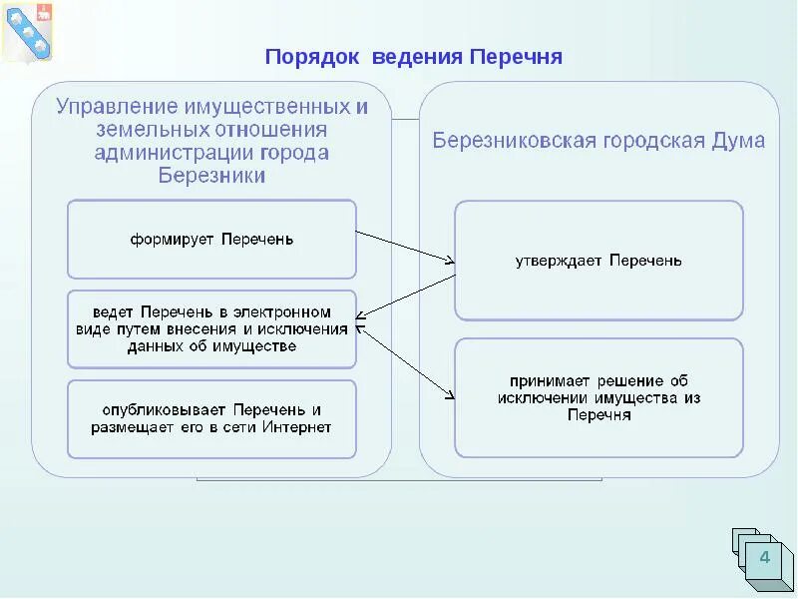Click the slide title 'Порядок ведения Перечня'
[x=414, y=56]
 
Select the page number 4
[x=764, y=557]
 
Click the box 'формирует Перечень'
[x=211, y=240]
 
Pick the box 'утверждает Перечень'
[x=598, y=261]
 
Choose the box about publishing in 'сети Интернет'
[x=211, y=418]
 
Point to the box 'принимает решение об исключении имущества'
[x=598, y=397]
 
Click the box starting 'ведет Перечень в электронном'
[x=211, y=328]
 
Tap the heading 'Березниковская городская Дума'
[x=598, y=141]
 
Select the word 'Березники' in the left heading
[x=211, y=176]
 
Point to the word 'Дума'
[x=737, y=141]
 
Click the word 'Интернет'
[x=296, y=427]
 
